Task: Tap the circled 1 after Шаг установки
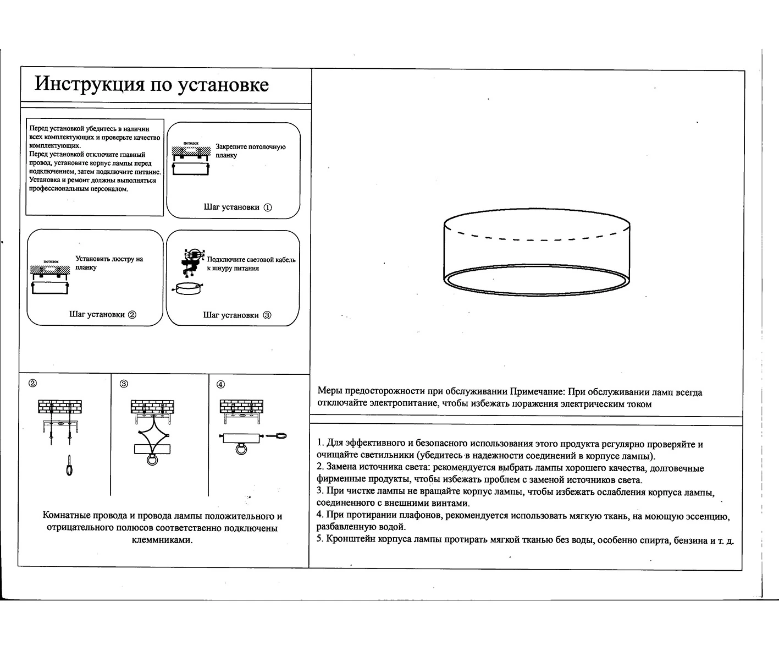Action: click(268, 207)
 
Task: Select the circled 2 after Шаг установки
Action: click(132, 315)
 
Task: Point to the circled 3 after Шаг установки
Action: click(267, 315)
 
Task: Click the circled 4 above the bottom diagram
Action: click(221, 384)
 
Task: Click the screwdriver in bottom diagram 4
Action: click(278, 436)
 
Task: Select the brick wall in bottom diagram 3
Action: click(152, 406)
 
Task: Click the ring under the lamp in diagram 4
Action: click(241, 450)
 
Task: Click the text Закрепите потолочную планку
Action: click(250, 151)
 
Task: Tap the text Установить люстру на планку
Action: click(109, 263)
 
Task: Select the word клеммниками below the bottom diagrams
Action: click(162, 540)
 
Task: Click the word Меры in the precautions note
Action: click(330, 392)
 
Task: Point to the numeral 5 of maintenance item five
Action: click(319, 539)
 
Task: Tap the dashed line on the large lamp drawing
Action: click(536, 238)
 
